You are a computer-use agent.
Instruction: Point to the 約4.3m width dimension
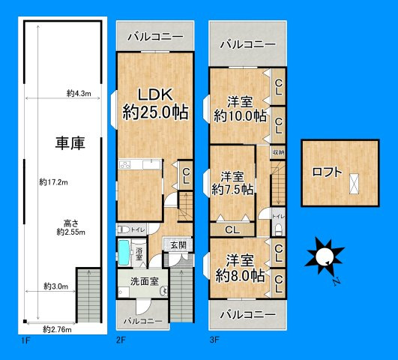[78, 94]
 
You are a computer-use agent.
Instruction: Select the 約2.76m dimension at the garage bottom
[56, 328]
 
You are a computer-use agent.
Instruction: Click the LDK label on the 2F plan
[154, 94]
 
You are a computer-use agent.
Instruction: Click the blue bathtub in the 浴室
[124, 253]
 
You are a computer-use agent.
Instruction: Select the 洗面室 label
[144, 282]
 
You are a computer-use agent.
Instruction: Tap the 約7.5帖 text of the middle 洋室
[232, 190]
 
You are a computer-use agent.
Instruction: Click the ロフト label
[327, 172]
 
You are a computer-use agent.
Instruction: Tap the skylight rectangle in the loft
[353, 183]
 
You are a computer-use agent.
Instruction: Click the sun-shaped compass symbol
[323, 256]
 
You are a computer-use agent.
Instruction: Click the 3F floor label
[214, 340]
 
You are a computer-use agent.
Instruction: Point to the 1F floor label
[24, 340]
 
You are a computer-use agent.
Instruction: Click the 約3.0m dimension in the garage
[55, 286]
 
